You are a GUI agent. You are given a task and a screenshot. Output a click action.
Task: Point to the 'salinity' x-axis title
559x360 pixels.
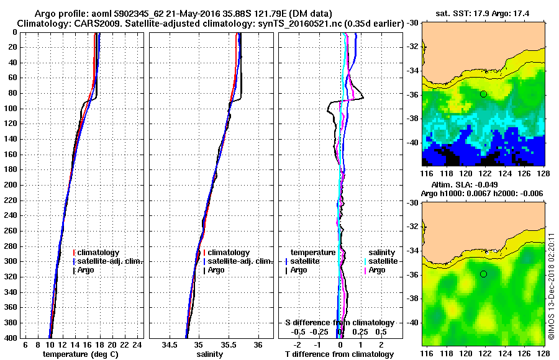[x=209, y=354]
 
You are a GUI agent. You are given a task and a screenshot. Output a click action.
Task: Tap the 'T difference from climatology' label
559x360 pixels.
[x=339, y=354]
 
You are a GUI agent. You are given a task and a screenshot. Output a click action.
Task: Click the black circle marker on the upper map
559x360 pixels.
[x=483, y=94]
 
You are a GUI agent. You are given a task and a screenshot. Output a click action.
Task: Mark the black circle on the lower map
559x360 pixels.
[x=483, y=274]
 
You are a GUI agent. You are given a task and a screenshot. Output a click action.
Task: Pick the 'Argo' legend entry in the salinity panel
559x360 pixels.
[x=216, y=270]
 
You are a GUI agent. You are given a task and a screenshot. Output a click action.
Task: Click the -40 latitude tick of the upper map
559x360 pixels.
[x=411, y=142]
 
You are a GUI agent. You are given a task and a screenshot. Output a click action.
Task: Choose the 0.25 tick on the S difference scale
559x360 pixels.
[x=360, y=331]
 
